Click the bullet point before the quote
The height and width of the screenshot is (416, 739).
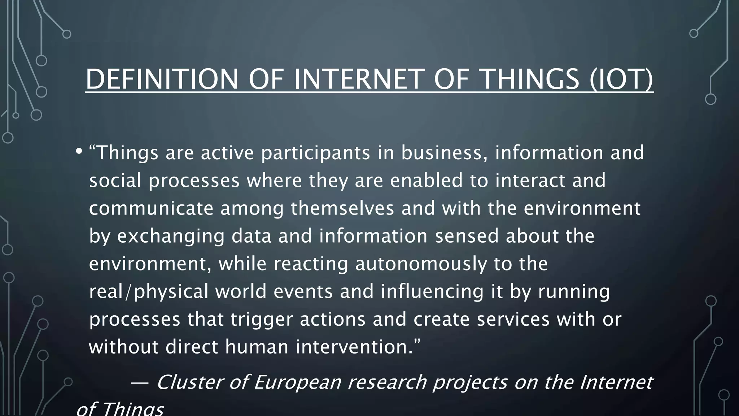pos(79,152)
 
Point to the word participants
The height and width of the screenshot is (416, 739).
pos(316,153)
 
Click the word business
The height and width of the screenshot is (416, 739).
pos(442,152)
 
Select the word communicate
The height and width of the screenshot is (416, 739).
pos(151,208)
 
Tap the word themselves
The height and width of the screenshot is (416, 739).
pos(342,208)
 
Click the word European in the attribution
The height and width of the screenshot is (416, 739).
pos(297,382)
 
